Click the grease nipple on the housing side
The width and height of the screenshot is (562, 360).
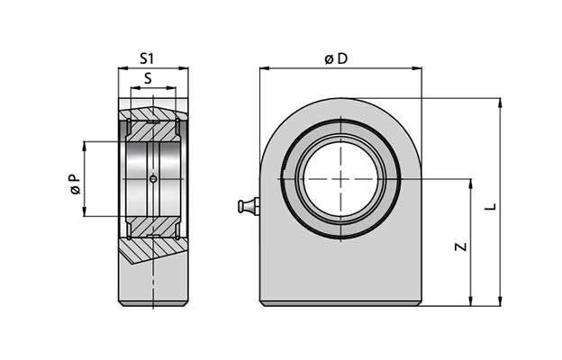(246, 208)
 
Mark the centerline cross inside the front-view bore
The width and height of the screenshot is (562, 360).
(341, 179)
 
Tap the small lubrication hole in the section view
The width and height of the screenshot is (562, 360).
(153, 179)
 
